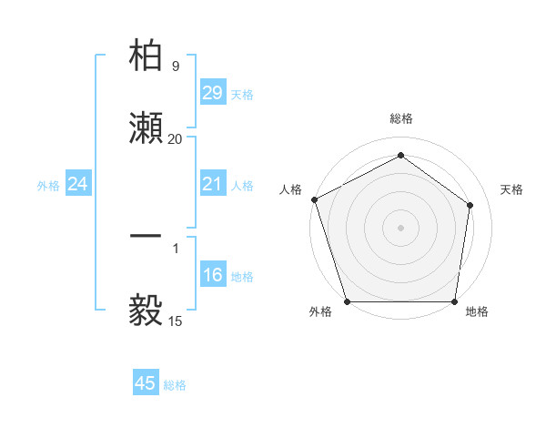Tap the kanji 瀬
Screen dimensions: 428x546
coord(146,127)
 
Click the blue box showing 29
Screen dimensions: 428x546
coord(212,93)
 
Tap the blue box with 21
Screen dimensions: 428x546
coord(212,184)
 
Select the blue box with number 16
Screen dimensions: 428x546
coord(212,275)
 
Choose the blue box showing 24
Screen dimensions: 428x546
coord(78,185)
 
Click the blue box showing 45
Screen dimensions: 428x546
coord(146,383)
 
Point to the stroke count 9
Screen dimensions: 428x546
coord(175,66)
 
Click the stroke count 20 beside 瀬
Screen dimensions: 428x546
coord(175,139)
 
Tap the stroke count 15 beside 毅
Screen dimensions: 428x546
coord(175,321)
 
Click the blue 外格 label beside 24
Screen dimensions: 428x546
coord(48,186)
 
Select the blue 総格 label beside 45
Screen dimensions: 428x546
coord(175,385)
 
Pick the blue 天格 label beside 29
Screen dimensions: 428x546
coord(241,95)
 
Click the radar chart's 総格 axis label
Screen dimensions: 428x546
coord(400,118)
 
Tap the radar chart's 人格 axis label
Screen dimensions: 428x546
coord(290,189)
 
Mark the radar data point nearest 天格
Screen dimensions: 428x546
coord(470,205)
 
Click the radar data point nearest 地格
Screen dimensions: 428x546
coord(454,301)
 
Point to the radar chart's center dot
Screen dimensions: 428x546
coord(400,227)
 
